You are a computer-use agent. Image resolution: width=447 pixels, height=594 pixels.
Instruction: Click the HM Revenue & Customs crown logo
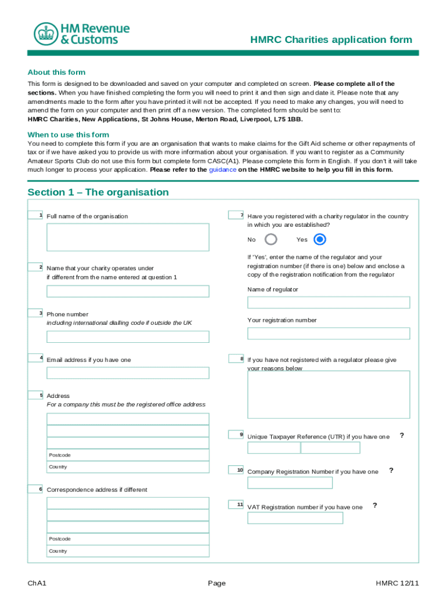(x=44, y=34)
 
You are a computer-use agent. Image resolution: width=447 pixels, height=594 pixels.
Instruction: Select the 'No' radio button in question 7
(x=271, y=240)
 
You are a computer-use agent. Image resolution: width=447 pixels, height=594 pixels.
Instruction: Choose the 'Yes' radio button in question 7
(x=319, y=240)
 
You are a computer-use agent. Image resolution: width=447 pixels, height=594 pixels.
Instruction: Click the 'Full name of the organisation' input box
(x=128, y=237)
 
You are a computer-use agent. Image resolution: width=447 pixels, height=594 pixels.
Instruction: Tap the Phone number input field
(x=128, y=337)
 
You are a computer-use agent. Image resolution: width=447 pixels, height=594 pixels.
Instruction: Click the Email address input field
(x=128, y=373)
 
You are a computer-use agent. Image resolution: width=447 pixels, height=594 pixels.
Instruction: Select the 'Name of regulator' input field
(x=329, y=303)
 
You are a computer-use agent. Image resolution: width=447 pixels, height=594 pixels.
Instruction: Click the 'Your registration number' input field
(x=329, y=334)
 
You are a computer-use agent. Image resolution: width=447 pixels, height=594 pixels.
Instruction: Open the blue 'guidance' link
(x=222, y=170)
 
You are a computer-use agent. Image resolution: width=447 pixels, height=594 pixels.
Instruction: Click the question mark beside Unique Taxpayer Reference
(x=402, y=436)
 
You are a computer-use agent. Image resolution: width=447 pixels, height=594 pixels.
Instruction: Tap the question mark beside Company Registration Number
(x=391, y=470)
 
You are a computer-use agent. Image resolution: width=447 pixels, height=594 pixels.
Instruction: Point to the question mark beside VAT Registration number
(x=375, y=506)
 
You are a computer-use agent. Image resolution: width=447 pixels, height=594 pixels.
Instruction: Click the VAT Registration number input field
(x=295, y=518)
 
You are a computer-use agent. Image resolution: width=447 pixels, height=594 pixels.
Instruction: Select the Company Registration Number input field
(x=290, y=483)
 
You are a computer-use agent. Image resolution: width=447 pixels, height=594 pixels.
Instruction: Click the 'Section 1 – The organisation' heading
(x=98, y=192)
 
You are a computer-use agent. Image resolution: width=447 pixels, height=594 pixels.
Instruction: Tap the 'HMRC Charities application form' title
(x=331, y=40)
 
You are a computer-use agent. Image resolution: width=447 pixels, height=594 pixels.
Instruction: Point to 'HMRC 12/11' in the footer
(x=396, y=582)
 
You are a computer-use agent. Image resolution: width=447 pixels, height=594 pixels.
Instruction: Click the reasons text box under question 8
(x=329, y=394)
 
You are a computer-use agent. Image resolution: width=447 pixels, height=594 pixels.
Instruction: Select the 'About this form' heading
(x=56, y=73)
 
